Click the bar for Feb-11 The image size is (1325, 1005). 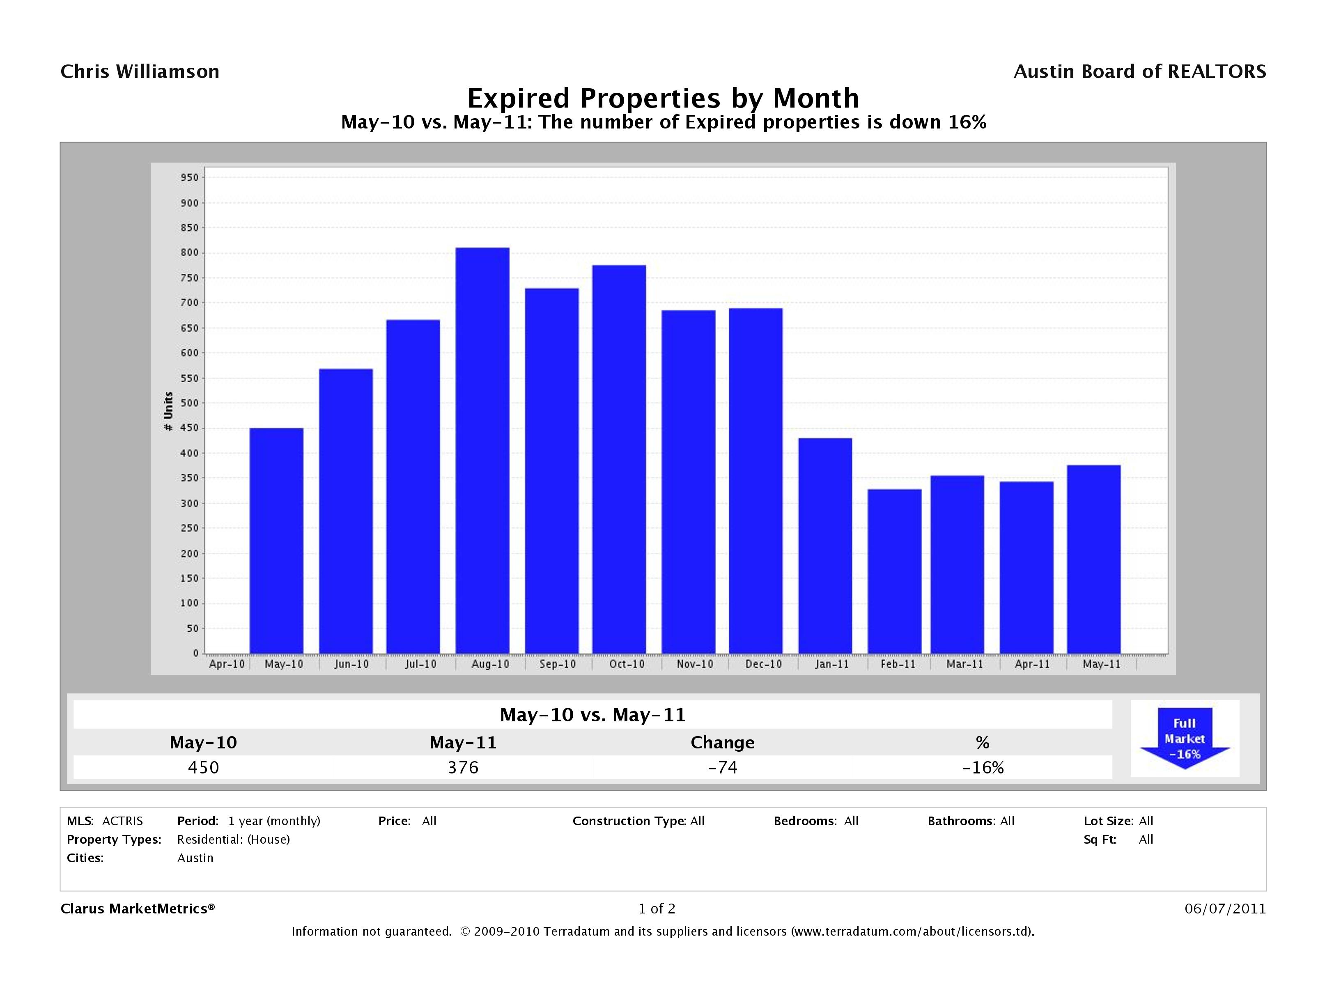point(894,571)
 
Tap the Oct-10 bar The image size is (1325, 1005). point(619,459)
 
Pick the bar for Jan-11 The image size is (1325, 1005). point(825,546)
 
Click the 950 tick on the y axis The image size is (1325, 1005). point(189,178)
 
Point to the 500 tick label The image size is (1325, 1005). point(189,403)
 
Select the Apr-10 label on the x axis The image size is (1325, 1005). point(226,664)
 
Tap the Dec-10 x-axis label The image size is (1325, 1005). point(763,664)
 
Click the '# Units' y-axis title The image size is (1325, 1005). point(168,411)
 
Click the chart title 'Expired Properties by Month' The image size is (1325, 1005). point(663,98)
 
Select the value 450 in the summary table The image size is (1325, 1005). point(204,767)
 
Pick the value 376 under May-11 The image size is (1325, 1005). point(463,767)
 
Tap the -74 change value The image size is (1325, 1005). point(722,767)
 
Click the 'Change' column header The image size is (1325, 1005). point(722,743)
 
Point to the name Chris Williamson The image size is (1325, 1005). point(140,72)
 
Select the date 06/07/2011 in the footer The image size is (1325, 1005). point(1225,909)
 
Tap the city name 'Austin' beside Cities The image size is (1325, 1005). point(195,858)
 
